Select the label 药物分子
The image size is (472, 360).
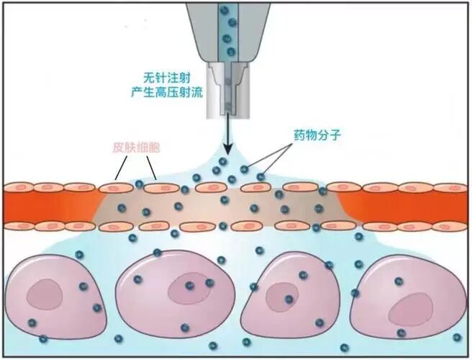[x=317, y=134]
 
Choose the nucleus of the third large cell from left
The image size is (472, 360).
[x=281, y=294]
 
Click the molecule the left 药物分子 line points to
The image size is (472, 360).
[x=245, y=170]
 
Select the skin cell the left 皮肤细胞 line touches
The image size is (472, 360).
[x=114, y=188]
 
